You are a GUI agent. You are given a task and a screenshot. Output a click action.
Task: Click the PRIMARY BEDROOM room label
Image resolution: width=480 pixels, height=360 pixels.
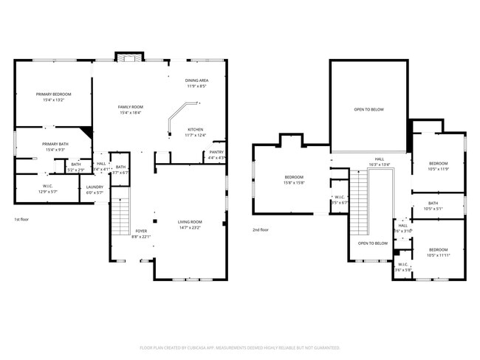[54, 94]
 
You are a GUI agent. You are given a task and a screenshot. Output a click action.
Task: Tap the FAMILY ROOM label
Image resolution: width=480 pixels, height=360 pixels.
[131, 107]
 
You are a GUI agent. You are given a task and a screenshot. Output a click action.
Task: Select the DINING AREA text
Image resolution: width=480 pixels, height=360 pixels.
[196, 80]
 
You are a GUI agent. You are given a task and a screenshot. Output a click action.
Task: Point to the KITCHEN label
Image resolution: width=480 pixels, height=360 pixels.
[195, 129]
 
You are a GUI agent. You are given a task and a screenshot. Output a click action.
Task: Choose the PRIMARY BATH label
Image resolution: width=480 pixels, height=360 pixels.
[55, 144]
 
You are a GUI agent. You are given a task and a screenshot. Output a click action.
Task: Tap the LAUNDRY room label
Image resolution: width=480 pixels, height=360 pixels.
[95, 187]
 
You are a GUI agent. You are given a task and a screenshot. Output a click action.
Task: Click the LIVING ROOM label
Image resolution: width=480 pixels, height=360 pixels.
[190, 222]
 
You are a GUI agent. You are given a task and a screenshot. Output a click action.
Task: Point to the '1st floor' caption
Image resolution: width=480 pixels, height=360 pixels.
[22, 220]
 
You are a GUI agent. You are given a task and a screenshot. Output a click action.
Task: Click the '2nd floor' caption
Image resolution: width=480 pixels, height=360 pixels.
[261, 229]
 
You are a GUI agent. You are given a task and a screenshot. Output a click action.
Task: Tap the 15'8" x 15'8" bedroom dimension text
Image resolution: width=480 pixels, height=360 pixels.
[294, 183]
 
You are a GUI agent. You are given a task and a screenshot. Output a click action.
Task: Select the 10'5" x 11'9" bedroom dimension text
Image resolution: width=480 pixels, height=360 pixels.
[438, 169]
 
